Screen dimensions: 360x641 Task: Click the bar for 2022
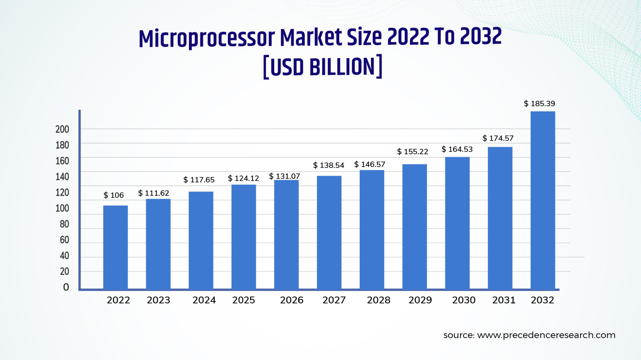pos(115,247)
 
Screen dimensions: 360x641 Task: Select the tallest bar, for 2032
pos(543,200)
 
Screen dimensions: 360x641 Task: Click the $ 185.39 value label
pos(539,104)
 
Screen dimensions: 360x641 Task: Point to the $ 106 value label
pos(114,195)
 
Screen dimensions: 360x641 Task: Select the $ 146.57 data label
pos(370,165)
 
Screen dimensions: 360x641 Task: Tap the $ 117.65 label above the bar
pos(199,180)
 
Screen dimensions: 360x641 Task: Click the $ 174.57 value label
pos(498,138)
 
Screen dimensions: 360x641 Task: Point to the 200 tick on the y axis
pos(62,129)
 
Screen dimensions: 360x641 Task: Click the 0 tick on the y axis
pos(66,287)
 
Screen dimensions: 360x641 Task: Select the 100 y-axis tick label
pos(62,208)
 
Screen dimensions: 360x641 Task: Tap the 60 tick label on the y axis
pos(64,240)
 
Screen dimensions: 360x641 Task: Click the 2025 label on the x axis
pos(244,300)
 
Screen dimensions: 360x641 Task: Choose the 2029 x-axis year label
pos(420,300)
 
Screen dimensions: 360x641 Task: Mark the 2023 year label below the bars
pos(158,300)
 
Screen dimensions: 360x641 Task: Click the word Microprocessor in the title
pos(207,38)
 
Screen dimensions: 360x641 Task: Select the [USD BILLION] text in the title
pos(323,67)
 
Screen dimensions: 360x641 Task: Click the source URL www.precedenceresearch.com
pos(546,335)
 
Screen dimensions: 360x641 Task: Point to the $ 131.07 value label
pos(285,176)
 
